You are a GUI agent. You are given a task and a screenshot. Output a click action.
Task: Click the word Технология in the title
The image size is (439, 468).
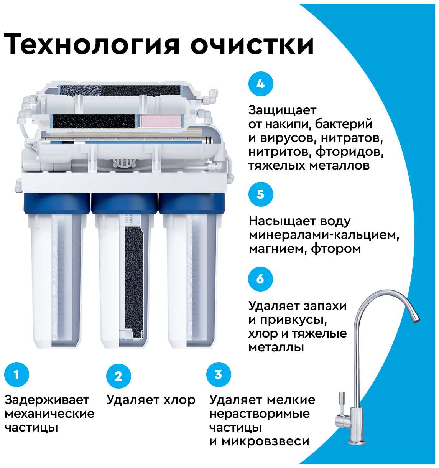tap(91, 44)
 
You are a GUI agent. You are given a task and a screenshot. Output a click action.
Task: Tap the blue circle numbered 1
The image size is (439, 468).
tap(16, 374)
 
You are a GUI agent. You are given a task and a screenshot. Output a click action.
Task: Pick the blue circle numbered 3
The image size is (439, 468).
tap(219, 374)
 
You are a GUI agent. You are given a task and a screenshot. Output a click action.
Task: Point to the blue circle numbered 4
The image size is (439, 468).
tap(261, 84)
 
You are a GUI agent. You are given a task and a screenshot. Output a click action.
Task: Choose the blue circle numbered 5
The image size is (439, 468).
tap(261, 194)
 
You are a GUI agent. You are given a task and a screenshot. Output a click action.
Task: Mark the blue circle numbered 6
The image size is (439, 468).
tap(261, 279)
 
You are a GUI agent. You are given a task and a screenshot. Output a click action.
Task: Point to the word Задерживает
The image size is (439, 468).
tap(47, 400)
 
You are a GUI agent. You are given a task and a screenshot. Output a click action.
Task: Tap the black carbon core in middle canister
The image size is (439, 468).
tap(134, 281)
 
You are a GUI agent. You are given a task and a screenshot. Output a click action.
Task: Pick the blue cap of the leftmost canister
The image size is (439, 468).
tap(57, 203)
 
